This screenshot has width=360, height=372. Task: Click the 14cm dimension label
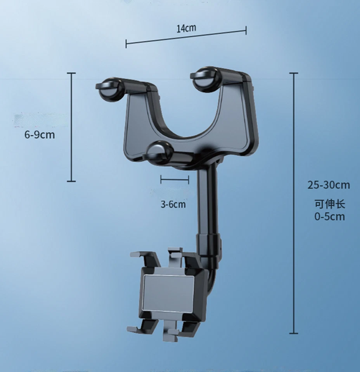tap(186, 28)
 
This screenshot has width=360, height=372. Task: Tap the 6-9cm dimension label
tap(40, 135)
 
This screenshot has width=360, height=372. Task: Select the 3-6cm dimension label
tap(173, 204)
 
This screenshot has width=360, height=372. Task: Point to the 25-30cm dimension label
tap(329, 185)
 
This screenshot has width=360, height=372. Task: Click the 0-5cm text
tap(329, 216)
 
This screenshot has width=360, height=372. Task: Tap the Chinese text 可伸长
tap(329, 204)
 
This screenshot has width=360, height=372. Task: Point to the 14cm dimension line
tap(186, 37)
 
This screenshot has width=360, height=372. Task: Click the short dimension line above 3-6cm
tap(175, 179)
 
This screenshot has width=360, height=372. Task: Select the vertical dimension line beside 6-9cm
tap(71, 127)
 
